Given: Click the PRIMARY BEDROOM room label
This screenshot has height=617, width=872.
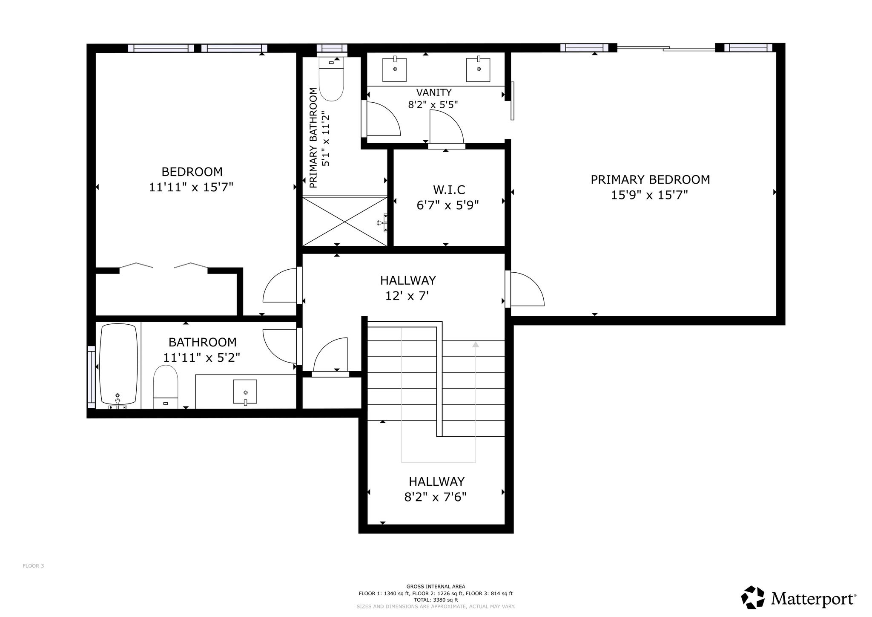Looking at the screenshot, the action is [x=650, y=180].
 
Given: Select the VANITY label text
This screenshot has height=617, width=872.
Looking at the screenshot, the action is [x=434, y=92].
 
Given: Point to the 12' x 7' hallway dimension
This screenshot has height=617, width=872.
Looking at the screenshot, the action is [x=407, y=296].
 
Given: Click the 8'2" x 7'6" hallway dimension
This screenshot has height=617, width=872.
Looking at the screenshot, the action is [x=435, y=497].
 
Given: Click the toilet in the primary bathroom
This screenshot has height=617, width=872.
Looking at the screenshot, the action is [x=331, y=79].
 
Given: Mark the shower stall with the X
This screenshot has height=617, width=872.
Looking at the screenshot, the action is [x=345, y=221].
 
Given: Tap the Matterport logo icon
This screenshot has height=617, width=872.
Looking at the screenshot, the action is [x=753, y=597].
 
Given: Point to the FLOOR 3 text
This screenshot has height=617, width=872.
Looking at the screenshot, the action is [x=33, y=566].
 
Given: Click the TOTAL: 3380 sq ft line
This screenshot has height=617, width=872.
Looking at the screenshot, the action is [x=436, y=600].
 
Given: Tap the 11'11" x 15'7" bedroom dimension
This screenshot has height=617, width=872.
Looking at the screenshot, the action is [x=191, y=187].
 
